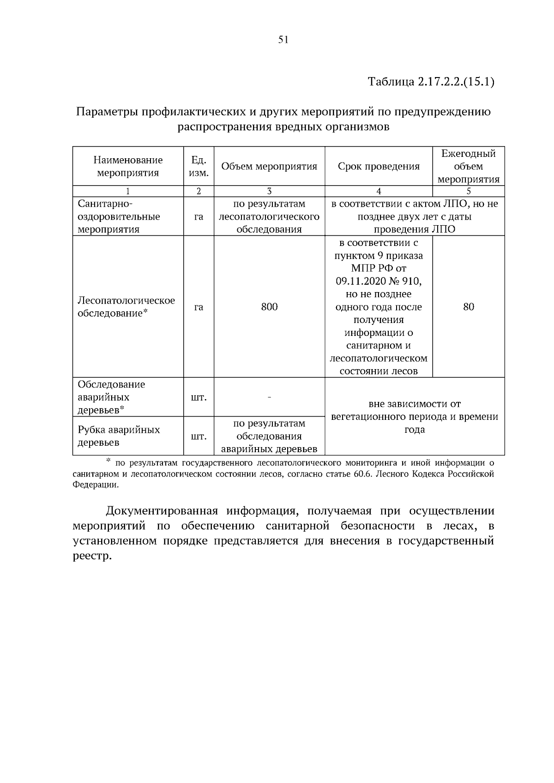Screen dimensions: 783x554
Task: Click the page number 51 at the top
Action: click(283, 40)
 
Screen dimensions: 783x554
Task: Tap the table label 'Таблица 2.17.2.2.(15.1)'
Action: click(431, 83)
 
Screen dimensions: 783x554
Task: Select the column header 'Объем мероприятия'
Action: click(269, 167)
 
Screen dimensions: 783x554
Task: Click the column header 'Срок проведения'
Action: click(379, 167)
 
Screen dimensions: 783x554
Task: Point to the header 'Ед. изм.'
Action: click(199, 167)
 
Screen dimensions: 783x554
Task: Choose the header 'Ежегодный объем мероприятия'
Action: click(468, 167)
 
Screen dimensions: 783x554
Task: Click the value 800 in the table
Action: click(269, 307)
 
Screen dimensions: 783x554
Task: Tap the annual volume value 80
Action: click(468, 307)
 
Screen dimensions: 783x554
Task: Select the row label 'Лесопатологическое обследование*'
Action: click(126, 307)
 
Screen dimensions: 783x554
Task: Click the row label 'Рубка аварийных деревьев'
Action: click(119, 436)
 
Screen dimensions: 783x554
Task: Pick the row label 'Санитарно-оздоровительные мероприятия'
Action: click(119, 216)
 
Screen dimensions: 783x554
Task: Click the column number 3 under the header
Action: click(269, 191)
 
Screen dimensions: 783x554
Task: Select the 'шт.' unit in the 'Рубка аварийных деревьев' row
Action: click(199, 436)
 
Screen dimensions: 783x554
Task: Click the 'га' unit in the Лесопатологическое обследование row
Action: click(199, 307)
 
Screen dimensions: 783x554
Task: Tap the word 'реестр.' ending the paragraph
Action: click(92, 556)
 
